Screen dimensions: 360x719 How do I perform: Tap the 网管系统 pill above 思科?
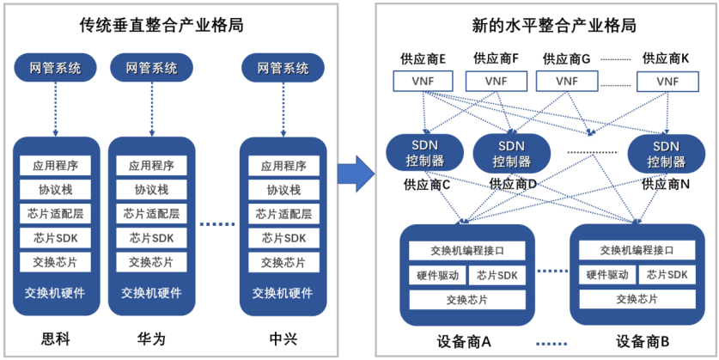(55, 68)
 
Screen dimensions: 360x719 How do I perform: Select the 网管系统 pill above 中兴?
(283, 68)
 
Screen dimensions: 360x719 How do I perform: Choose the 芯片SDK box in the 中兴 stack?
(283, 238)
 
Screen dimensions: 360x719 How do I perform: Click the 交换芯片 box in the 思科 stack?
(55, 262)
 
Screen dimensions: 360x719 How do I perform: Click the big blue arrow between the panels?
(353, 174)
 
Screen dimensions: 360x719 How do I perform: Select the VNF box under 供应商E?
(423, 81)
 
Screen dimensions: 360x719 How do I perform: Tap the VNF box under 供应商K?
(667, 81)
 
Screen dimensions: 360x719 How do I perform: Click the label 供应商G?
(566, 59)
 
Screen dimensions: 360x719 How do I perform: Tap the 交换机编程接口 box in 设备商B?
(636, 250)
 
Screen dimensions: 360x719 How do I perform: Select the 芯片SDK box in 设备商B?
(667, 275)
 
